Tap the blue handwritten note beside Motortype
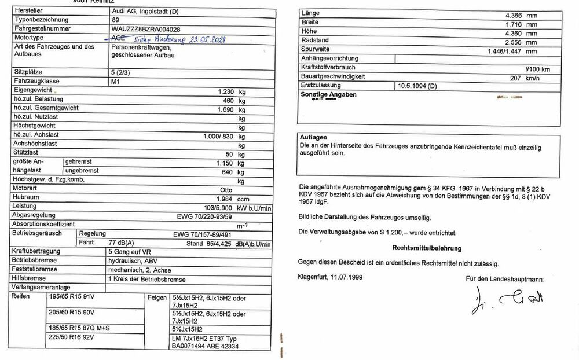[x=174, y=38]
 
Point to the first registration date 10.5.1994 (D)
[x=417, y=85]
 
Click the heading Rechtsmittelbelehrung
[x=427, y=248]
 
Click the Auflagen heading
[x=313, y=137]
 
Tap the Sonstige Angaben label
[x=328, y=94]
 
